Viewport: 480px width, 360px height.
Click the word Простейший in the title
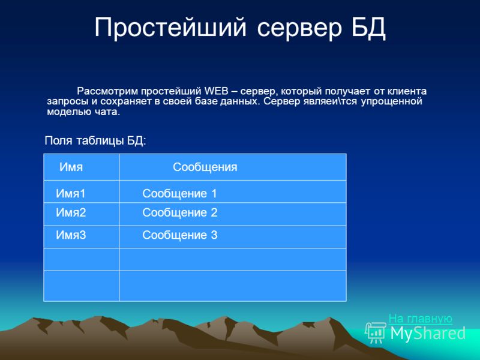[x=170, y=28]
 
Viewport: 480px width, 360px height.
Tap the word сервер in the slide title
[x=299, y=28]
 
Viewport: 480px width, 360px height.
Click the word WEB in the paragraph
[x=217, y=91]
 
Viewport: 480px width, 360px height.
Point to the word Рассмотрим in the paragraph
[x=108, y=91]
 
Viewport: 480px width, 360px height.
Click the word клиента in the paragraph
[x=407, y=91]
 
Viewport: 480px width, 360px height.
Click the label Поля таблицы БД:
[x=95, y=140]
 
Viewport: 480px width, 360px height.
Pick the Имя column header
[x=71, y=167]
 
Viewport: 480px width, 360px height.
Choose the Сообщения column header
[x=205, y=167]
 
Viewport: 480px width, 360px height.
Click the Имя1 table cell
[x=71, y=193]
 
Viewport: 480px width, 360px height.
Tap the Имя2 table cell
[x=71, y=212]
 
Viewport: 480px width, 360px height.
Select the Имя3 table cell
[x=71, y=235]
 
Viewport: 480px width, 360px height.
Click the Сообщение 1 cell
[x=179, y=193]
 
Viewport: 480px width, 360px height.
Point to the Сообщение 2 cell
[x=180, y=212]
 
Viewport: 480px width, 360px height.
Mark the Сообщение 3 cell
[x=180, y=235]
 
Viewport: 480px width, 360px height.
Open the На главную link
[x=421, y=319]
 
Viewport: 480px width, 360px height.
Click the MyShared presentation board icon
[x=376, y=332]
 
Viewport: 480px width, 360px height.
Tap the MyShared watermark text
[x=428, y=334]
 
